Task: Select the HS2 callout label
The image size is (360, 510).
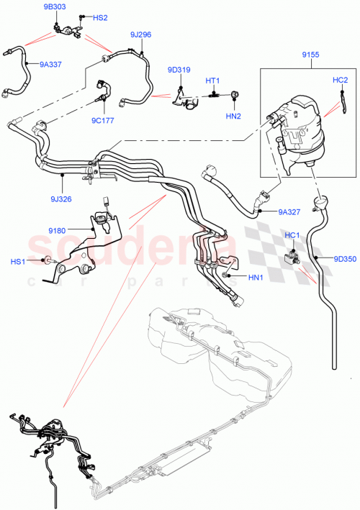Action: [99, 17]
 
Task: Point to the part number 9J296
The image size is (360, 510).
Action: [141, 34]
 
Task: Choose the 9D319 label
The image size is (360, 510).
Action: [179, 70]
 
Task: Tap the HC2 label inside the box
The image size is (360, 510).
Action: [340, 80]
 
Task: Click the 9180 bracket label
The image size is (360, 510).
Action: [58, 230]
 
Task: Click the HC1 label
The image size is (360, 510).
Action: [292, 235]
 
